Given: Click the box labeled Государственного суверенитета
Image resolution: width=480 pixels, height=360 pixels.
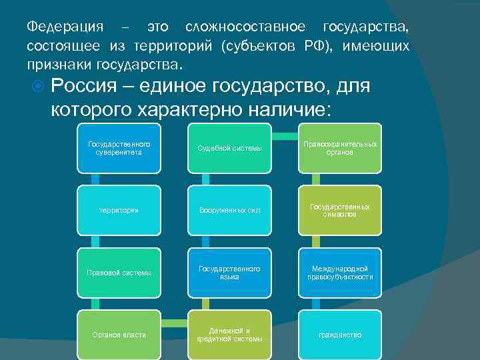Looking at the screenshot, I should pos(119,147).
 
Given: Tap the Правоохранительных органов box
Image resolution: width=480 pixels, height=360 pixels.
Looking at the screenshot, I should pos(340,147).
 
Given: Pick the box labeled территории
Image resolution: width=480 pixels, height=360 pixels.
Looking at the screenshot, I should pos(119,210).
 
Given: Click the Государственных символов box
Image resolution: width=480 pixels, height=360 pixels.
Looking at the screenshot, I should pos(340,210).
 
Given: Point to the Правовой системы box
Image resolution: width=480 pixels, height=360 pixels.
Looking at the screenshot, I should pos(119,272).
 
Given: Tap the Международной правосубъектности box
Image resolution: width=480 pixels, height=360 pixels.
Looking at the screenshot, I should pos(340,272).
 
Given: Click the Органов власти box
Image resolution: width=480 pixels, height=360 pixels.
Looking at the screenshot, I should pos(119,334).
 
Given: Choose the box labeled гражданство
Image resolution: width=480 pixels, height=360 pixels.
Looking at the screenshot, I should pos(340,334).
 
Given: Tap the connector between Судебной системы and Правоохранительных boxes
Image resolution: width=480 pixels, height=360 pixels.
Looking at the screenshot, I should pos(285,136).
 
